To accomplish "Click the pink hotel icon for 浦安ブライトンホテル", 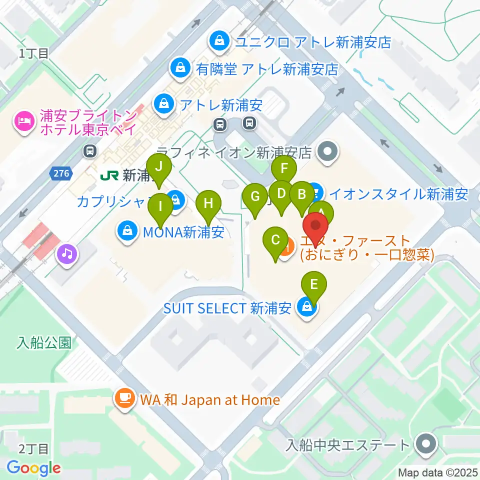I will [23, 120].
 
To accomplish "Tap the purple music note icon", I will [67, 254].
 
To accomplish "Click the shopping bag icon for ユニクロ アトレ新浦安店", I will [219, 40].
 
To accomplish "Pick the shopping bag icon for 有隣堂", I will [178, 68].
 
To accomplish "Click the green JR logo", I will [109, 175].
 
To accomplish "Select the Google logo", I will [33, 468].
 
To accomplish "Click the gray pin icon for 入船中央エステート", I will [426, 444].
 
